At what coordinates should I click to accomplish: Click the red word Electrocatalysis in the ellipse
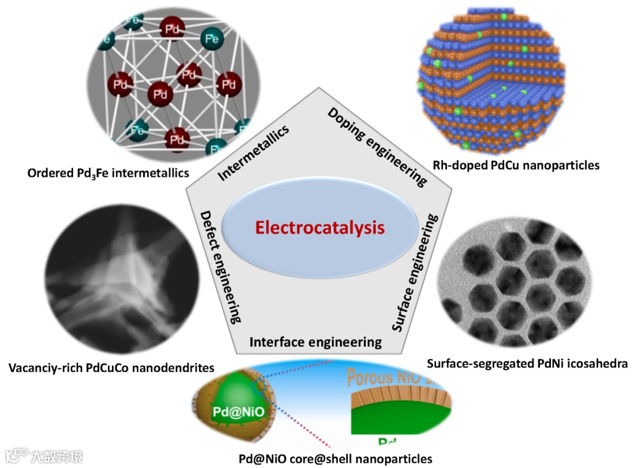[x=319, y=228]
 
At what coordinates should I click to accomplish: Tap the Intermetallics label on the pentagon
[x=254, y=153]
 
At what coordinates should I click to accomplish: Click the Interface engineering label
[x=315, y=342]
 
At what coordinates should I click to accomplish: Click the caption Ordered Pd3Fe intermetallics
[x=108, y=173]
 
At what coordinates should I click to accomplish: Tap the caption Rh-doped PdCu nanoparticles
[x=515, y=165]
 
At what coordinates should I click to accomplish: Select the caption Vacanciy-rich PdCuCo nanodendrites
[x=111, y=368]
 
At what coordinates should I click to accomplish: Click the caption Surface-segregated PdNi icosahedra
[x=527, y=364]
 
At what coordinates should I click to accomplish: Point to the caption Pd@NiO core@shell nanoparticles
[x=335, y=458]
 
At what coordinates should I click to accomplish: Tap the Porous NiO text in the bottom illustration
[x=389, y=377]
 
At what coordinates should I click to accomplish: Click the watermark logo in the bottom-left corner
[x=44, y=456]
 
